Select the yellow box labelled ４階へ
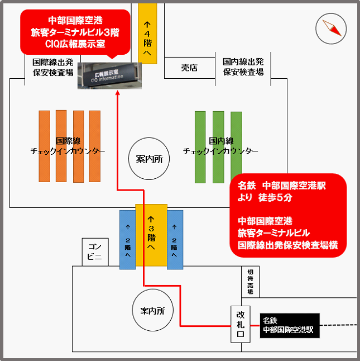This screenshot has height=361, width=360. (147, 33)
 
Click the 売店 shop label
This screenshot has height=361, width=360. (189, 68)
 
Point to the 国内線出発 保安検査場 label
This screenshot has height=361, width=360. (243, 66)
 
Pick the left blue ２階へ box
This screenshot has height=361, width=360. (128, 240)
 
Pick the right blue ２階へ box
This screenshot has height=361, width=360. (175, 240)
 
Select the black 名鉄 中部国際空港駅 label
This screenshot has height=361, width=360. (288, 325)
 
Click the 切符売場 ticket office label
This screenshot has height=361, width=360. (249, 282)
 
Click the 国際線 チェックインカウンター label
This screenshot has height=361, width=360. (68, 146)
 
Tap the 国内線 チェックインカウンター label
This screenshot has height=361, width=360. (220, 146)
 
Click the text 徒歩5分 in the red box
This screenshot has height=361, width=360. (280, 197)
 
